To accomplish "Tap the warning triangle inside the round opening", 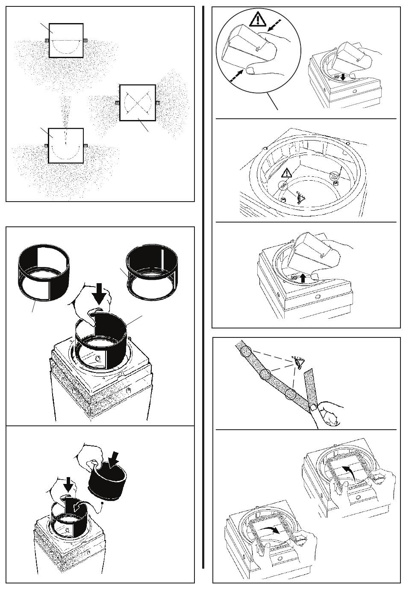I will [x=287, y=173].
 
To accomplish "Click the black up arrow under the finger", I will [x=303, y=278].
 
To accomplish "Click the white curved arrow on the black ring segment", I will [x=76, y=506].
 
